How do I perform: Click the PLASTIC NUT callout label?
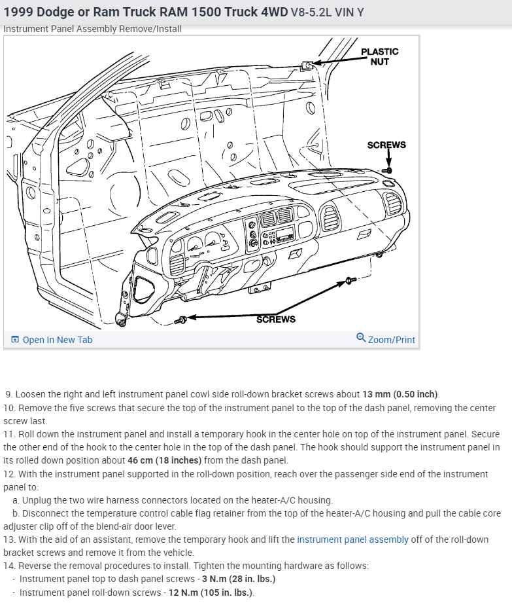(x=379, y=56)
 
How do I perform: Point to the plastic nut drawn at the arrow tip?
(x=306, y=65)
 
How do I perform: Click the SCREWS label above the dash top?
(x=386, y=145)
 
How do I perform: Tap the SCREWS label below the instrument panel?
(x=275, y=319)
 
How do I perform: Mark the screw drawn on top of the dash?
(x=387, y=170)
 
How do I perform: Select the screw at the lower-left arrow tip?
(x=182, y=320)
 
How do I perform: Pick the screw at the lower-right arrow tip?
(x=349, y=282)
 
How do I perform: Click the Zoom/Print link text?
(x=391, y=340)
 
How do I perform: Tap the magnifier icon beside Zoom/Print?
(x=361, y=338)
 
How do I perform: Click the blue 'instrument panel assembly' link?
(x=352, y=539)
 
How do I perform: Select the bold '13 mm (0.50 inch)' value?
(x=400, y=394)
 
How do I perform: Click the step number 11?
(x=9, y=434)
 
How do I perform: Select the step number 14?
(x=9, y=566)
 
